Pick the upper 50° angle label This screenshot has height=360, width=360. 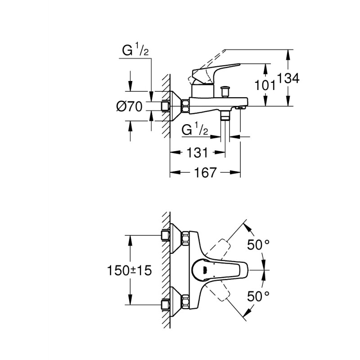click(x=258, y=245)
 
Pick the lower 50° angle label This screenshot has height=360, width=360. click(x=258, y=295)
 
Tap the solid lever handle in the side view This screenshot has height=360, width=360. click(x=211, y=72)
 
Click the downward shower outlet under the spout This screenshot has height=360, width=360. click(x=226, y=116)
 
